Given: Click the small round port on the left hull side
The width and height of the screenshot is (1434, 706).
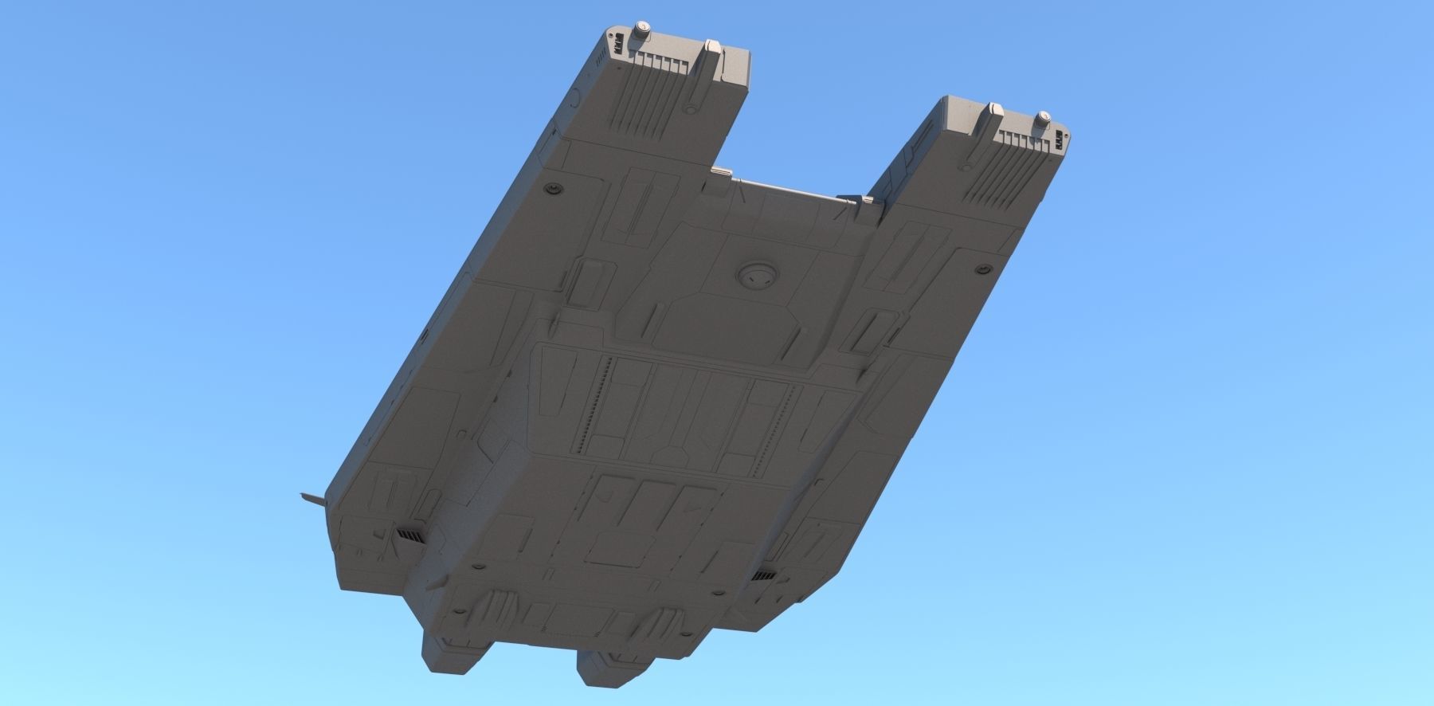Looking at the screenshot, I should [550, 188].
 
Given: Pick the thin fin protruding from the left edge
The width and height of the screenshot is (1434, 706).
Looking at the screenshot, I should [314, 500].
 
